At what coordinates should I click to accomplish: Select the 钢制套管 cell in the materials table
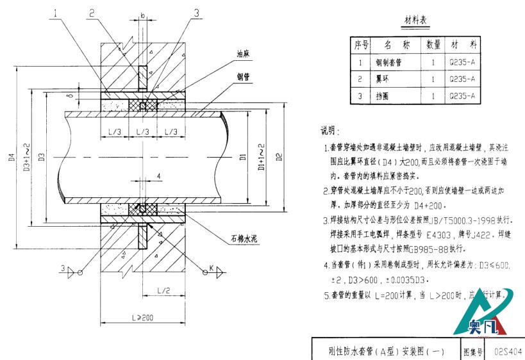pos(388,63)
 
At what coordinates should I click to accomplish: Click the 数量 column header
pos(434,45)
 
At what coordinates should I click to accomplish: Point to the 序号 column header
pos(362,45)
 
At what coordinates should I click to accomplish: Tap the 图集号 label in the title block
pos(473,351)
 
